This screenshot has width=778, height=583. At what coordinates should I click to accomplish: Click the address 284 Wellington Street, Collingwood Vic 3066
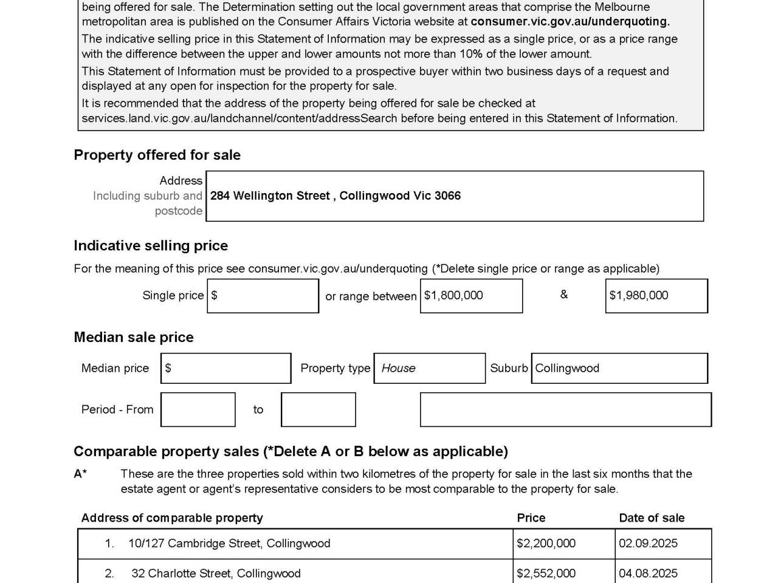pyautogui.click(x=336, y=196)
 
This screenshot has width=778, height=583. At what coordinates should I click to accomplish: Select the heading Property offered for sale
pyautogui.click(x=157, y=155)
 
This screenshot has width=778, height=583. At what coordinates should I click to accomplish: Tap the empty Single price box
pyautogui.click(x=263, y=296)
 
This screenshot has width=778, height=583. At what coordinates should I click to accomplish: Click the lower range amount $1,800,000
pyautogui.click(x=454, y=296)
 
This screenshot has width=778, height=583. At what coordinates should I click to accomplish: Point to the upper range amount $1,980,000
pyautogui.click(x=639, y=296)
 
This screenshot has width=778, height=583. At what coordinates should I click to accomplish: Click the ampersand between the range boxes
pyautogui.click(x=564, y=295)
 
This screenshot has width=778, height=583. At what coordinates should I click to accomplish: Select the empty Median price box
pyautogui.click(x=225, y=368)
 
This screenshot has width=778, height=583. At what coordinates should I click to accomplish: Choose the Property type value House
pyautogui.click(x=399, y=368)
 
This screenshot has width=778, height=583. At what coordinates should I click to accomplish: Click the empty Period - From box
pyautogui.click(x=198, y=409)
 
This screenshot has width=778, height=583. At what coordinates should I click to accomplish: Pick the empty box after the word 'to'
pyautogui.click(x=318, y=409)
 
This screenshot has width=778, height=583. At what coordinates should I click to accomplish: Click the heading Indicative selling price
pyautogui.click(x=151, y=245)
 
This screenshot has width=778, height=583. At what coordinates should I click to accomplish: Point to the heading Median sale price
pyautogui.click(x=134, y=337)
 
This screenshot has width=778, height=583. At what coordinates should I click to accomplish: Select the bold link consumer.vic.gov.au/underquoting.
pyautogui.click(x=570, y=22)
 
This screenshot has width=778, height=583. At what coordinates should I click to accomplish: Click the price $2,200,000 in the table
pyautogui.click(x=546, y=544)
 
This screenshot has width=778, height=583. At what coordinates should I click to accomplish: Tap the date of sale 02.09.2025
pyautogui.click(x=648, y=544)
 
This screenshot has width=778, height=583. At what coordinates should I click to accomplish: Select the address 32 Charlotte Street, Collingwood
pyautogui.click(x=216, y=573)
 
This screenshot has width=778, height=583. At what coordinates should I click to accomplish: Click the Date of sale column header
pyautogui.click(x=652, y=518)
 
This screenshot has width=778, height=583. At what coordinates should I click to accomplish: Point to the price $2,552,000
pyautogui.click(x=546, y=573)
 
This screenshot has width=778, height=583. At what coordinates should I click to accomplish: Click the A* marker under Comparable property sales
pyautogui.click(x=80, y=474)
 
